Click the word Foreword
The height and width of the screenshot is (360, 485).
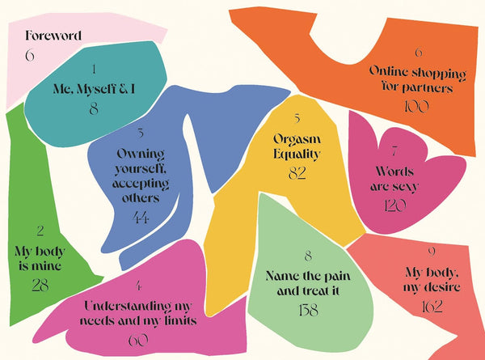53,36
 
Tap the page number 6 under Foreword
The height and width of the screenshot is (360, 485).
30,56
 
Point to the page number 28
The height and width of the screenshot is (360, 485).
40,285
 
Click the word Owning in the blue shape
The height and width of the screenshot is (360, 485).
141,152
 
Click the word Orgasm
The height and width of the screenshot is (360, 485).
297,137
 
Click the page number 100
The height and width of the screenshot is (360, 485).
418,106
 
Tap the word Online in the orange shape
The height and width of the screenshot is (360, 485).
388,72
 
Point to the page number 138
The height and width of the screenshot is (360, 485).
308,310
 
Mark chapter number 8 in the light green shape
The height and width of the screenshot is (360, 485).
308,255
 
